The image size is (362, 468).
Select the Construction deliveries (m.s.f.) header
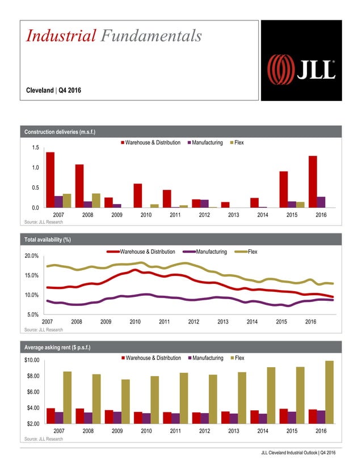60,133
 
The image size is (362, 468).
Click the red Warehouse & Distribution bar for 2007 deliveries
50,180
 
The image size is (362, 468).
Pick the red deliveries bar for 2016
313,182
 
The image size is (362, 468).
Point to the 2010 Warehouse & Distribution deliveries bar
138,195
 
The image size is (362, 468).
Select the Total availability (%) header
47,240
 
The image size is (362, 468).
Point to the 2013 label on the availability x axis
223,322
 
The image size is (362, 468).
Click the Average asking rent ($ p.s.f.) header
58,347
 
